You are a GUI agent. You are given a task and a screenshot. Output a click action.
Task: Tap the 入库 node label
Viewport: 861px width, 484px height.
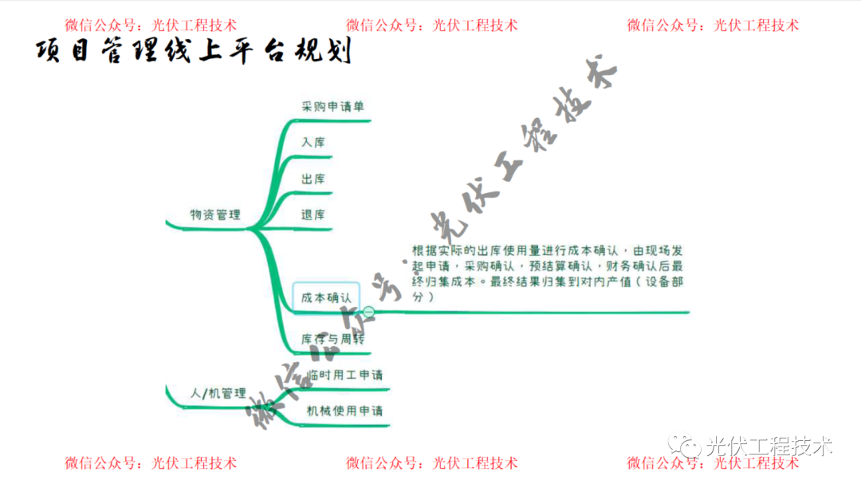pyautogui.click(x=313, y=143)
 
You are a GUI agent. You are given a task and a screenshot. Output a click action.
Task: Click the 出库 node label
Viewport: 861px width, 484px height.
pyautogui.click(x=313, y=179)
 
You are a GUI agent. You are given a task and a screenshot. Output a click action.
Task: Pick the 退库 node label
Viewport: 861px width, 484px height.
pyautogui.click(x=313, y=214)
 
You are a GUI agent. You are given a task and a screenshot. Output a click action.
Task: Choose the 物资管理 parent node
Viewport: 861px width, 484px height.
pyautogui.click(x=215, y=214)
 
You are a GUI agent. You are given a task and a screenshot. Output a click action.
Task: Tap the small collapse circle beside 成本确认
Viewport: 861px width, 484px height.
pyautogui.click(x=369, y=312)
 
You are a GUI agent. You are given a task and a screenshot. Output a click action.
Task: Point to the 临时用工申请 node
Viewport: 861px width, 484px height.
pyautogui.click(x=344, y=375)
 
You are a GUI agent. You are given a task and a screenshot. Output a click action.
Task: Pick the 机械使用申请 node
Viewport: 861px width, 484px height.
pyautogui.click(x=344, y=411)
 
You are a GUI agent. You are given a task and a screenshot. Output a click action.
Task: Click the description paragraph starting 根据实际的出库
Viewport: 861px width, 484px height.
pyautogui.click(x=547, y=273)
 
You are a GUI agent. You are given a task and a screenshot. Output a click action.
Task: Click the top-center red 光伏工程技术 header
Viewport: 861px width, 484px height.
pyautogui.click(x=475, y=26)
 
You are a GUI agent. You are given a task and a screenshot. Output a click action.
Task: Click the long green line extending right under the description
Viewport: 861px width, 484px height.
pyautogui.click(x=558, y=312)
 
